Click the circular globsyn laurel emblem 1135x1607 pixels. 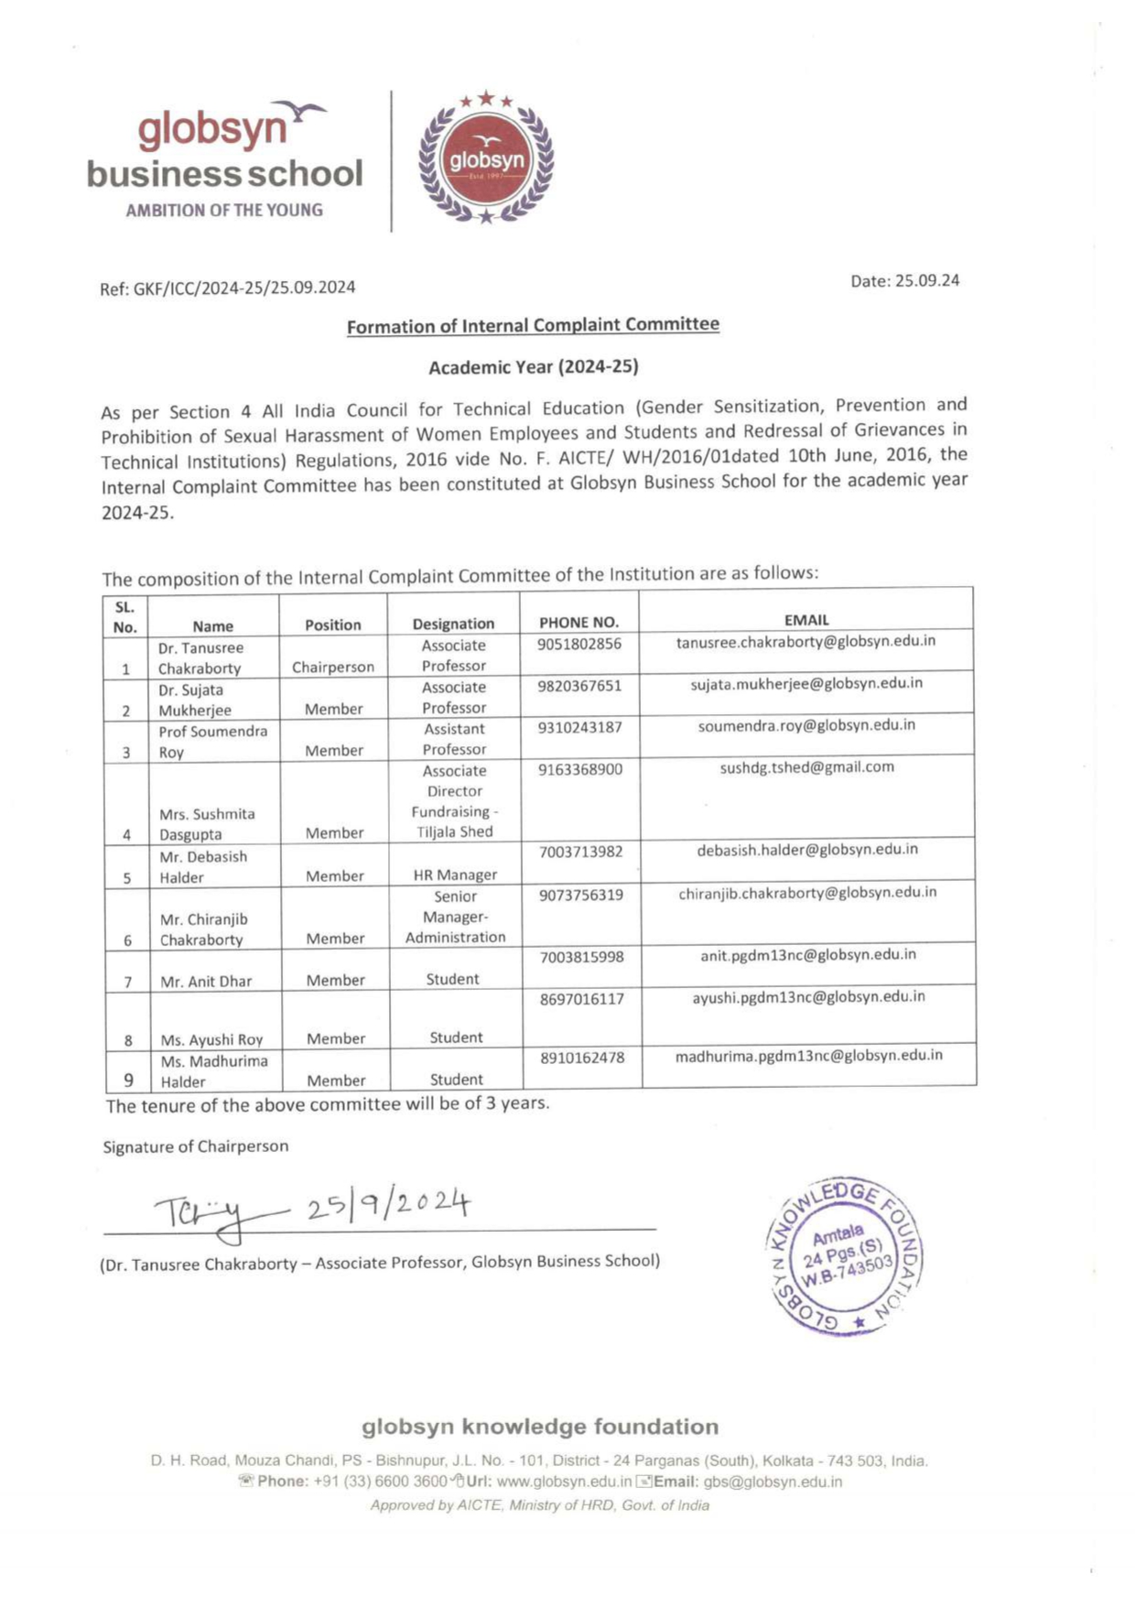tap(486, 158)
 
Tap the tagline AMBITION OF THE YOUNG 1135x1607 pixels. tap(224, 210)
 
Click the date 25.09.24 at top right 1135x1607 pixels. tap(904, 281)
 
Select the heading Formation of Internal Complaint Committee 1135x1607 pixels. tap(533, 325)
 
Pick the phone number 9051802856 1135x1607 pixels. tap(578, 644)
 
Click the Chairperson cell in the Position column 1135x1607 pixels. tap(333, 667)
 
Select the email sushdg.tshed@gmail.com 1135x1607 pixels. tap(806, 767)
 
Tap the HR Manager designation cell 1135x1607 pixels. tap(455, 874)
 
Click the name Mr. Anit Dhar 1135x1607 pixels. tap(206, 981)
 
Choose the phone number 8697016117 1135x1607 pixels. tap(581, 998)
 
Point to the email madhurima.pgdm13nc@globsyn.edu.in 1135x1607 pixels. tap(808, 1056)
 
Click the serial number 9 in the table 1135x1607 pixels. tap(128, 1080)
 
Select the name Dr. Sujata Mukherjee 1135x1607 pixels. tap(194, 700)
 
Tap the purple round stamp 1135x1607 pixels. tap(844, 1255)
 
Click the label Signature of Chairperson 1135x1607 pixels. tap(195, 1146)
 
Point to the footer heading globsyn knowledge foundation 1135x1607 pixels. tap(540, 1427)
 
